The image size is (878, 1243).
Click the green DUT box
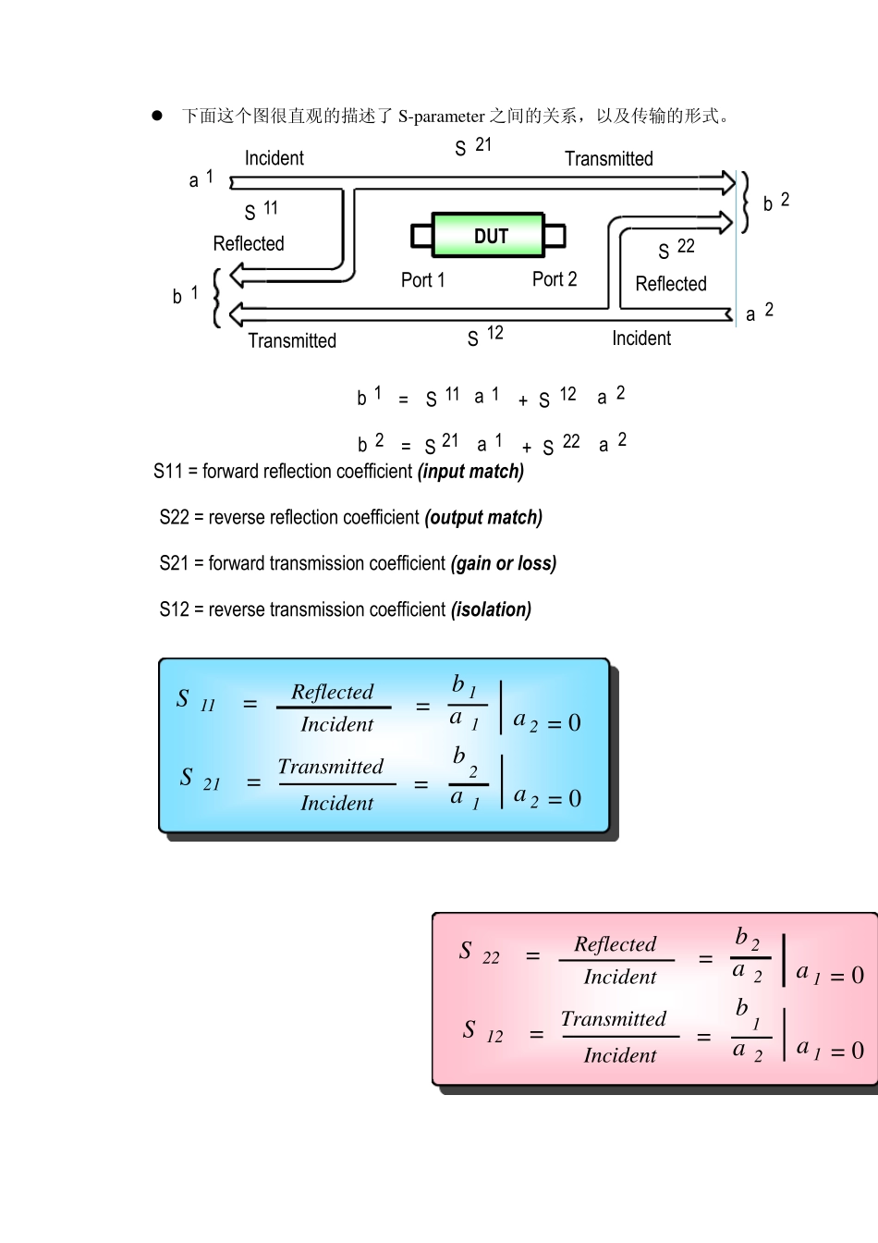click(488, 235)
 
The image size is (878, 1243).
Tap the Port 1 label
click(422, 279)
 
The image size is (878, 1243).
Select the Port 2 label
click(555, 278)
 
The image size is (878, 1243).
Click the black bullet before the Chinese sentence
click(157, 116)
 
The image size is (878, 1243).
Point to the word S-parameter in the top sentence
click(442, 117)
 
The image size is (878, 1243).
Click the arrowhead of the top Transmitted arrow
click(729, 182)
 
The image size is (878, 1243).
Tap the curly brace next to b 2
click(745, 202)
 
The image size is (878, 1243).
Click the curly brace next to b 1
click(217, 298)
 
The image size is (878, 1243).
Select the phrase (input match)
click(471, 472)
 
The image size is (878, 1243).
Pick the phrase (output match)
click(483, 518)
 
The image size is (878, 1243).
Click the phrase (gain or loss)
click(504, 564)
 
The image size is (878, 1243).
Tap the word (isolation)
click(491, 609)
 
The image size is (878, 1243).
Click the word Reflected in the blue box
click(333, 692)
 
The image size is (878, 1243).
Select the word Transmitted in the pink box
click(614, 1019)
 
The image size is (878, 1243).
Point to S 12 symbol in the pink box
click(482, 1031)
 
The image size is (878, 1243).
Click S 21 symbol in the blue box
click(200, 779)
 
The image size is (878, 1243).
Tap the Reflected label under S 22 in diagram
click(671, 284)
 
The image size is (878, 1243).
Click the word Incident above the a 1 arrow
click(274, 158)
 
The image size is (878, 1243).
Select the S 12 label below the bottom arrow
click(485, 336)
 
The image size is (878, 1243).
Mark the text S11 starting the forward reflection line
click(168, 472)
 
